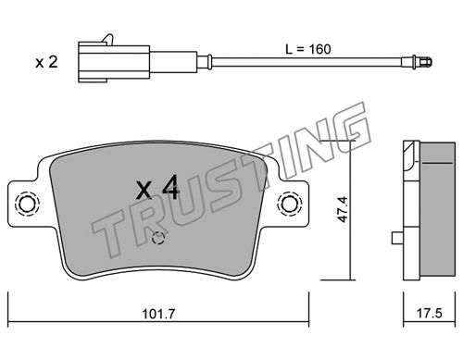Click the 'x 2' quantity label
[46, 62]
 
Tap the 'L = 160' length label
[308, 49]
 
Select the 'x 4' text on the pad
[157, 188]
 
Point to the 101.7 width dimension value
[158, 315]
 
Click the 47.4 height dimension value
[343, 209]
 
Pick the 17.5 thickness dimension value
[430, 314]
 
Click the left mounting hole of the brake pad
[27, 204]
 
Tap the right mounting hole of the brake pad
[290, 204]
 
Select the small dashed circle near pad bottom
[158, 238]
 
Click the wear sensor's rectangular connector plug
[114, 62]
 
